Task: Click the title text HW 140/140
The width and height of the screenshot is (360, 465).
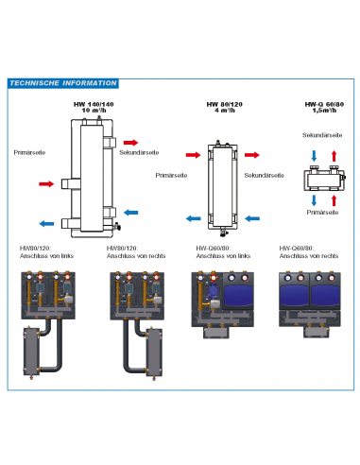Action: (x=93, y=104)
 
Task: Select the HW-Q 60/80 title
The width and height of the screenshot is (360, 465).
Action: (x=316, y=104)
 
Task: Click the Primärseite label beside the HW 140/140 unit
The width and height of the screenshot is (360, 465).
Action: (x=29, y=150)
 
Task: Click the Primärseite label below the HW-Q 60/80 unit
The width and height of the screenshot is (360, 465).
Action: (x=316, y=214)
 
